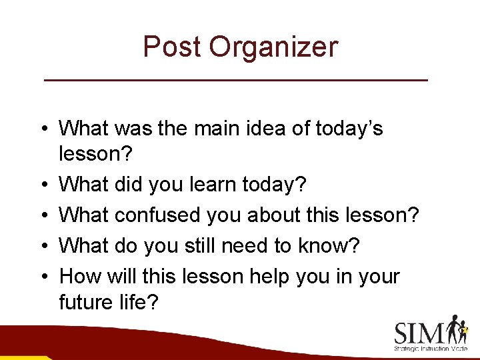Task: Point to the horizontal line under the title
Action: click(235, 80)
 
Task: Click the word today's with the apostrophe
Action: click(353, 127)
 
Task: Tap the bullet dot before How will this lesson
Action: click(42, 276)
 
